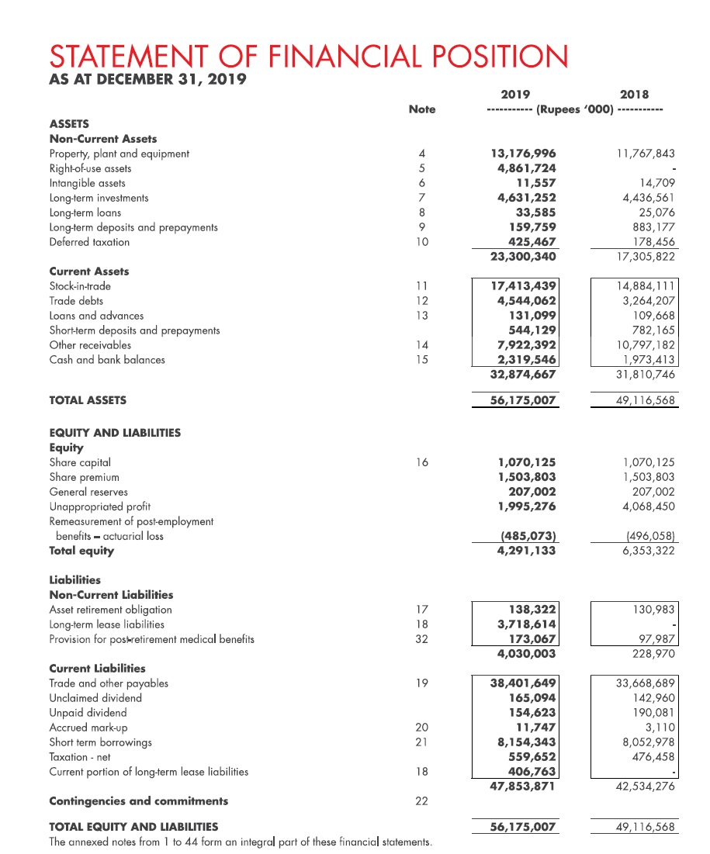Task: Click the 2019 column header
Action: point(515,95)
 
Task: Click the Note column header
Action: point(422,109)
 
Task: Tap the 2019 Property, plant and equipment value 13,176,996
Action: point(525,154)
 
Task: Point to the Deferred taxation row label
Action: point(89,242)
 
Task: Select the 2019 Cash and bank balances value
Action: point(525,360)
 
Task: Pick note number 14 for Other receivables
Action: point(421,345)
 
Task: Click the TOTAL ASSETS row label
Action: point(88,400)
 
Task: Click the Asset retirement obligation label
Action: point(110,610)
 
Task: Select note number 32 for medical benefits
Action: point(421,639)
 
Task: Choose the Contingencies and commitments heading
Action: point(138,800)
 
